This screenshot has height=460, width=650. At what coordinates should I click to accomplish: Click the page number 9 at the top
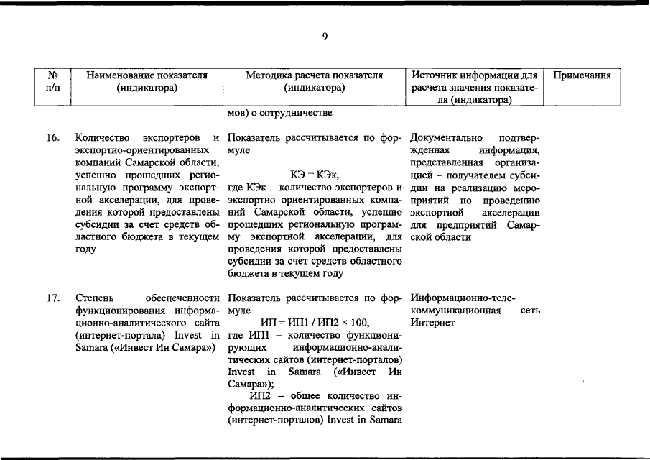tap(325, 37)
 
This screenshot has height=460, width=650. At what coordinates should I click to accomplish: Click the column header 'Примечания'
tap(582, 75)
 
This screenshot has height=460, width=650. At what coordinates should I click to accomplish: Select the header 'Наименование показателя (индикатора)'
tap(147, 81)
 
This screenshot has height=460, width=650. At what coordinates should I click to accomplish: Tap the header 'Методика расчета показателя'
tap(314, 75)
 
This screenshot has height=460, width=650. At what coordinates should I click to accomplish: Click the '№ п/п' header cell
tap(52, 81)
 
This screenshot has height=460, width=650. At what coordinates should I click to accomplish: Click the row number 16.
tap(52, 137)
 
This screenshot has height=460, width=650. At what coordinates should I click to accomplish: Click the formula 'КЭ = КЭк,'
tap(314, 175)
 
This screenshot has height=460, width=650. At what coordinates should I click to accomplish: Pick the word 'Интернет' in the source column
tap(433, 323)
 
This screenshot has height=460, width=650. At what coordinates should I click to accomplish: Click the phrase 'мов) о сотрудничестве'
tap(279, 113)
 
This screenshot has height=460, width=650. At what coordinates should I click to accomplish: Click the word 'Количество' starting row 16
tap(98, 137)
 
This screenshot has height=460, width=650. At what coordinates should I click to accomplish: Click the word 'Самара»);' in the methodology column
tap(246, 384)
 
